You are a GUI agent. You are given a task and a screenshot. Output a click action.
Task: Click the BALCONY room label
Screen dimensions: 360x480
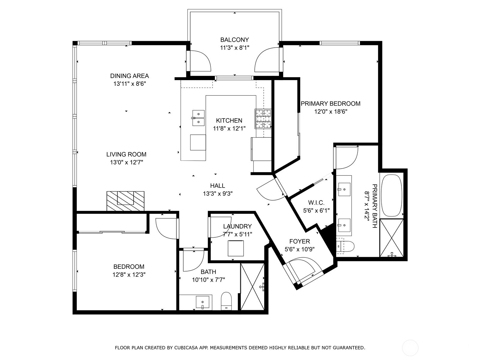pyautogui.click(x=234, y=40)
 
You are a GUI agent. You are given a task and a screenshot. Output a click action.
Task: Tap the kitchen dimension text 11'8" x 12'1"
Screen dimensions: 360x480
pyautogui.click(x=229, y=129)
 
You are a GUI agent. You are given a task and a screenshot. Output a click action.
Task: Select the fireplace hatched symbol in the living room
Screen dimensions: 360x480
pyautogui.click(x=125, y=201)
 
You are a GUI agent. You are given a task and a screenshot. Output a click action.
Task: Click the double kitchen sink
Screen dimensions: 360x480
pyautogui.click(x=198, y=118)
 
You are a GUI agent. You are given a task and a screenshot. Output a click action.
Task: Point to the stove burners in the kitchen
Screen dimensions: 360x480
pyautogui.click(x=263, y=119)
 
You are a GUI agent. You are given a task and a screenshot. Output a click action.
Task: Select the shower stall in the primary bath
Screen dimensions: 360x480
pyautogui.click(x=391, y=238)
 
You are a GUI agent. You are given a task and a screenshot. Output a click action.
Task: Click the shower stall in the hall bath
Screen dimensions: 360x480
pyautogui.click(x=253, y=286)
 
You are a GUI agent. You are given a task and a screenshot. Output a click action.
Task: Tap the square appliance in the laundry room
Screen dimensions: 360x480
pyautogui.click(x=235, y=248)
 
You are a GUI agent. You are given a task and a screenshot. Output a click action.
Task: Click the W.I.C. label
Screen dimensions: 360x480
pyautogui.click(x=316, y=203)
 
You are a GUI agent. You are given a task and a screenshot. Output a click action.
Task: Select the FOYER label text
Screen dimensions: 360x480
pyautogui.click(x=299, y=241)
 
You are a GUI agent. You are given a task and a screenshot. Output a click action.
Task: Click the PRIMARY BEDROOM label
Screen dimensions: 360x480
pyautogui.click(x=330, y=103)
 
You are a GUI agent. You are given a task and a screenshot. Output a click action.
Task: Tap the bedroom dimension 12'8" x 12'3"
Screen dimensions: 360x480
pyautogui.click(x=129, y=274)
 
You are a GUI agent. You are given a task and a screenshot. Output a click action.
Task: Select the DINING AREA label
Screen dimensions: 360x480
pyautogui.click(x=129, y=76)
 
